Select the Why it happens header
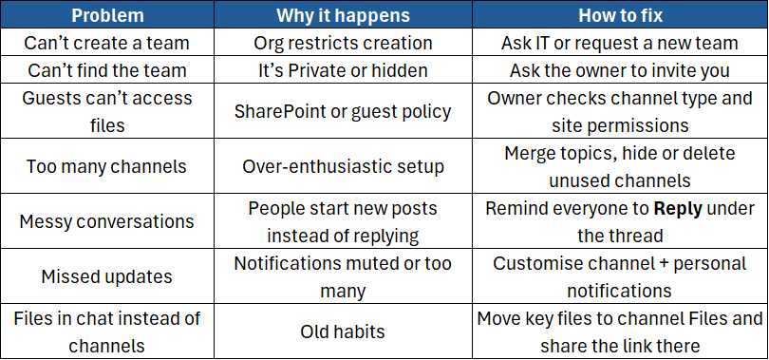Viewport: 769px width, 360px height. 343,15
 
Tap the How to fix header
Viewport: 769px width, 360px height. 619,15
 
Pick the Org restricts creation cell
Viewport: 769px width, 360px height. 343,43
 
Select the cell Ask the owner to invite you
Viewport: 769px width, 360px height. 619,70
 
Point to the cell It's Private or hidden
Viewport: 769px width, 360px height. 343,70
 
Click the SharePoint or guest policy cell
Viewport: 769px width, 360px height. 343,111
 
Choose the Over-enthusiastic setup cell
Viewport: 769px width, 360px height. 343,166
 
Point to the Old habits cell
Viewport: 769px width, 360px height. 343,332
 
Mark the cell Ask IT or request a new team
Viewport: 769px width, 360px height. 619,43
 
